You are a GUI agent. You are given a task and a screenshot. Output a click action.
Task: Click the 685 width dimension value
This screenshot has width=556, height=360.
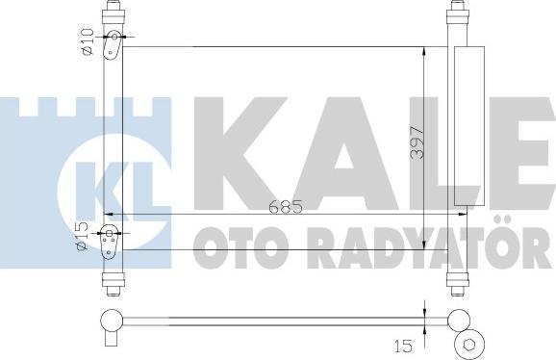pos(278,205)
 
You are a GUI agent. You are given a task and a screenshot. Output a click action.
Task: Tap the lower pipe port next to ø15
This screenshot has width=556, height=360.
pos(111,234)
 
